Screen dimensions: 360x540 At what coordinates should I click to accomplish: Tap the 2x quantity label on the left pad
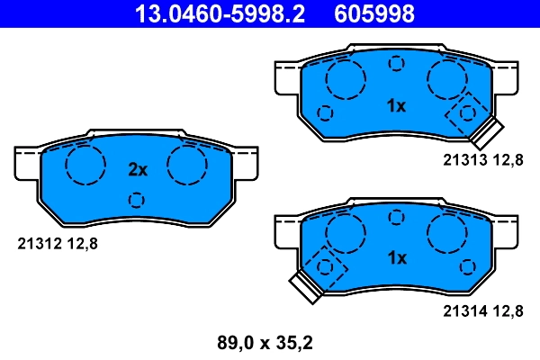pyautogui.click(x=137, y=169)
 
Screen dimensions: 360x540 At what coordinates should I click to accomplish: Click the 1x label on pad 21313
pyautogui.click(x=396, y=106)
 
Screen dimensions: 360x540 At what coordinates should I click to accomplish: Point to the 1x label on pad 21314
pyautogui.click(x=396, y=258)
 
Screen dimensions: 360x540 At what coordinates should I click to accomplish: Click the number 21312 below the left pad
pyautogui.click(x=41, y=242)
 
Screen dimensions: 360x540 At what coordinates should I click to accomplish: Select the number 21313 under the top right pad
pyautogui.click(x=464, y=159)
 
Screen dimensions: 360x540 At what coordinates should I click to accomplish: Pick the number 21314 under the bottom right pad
pyautogui.click(x=464, y=311)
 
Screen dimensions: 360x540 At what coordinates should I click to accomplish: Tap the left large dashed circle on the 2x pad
pyautogui.click(x=85, y=165)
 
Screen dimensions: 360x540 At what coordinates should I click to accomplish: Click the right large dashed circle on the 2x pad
pyautogui.click(x=188, y=165)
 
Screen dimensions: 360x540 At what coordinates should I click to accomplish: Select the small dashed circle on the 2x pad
pyautogui.click(x=137, y=200)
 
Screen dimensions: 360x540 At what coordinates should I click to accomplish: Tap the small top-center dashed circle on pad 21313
pyautogui.click(x=396, y=63)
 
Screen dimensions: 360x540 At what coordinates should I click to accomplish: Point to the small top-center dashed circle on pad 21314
pyautogui.click(x=396, y=216)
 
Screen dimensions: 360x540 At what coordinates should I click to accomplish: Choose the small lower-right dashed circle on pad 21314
pyautogui.click(x=466, y=266)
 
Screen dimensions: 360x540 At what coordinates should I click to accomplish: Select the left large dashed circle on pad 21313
pyautogui.click(x=344, y=80)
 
